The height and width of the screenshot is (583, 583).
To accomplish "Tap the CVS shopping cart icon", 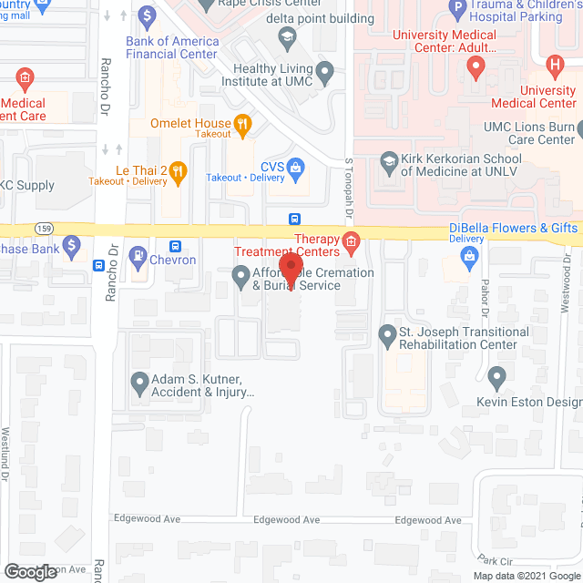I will tap(295, 167).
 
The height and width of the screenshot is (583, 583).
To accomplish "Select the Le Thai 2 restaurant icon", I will tap(179, 169).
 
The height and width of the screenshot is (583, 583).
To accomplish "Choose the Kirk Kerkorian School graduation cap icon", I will tap(389, 161).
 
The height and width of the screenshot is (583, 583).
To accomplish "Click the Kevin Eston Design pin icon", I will tap(496, 375).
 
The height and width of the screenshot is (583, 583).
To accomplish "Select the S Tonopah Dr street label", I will tap(348, 195).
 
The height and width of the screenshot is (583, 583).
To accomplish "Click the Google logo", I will tap(29, 572).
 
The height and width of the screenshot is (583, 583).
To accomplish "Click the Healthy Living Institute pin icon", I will tap(323, 71).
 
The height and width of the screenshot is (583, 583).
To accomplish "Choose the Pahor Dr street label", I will tap(486, 300).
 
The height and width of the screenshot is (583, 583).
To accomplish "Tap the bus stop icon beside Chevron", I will tap(177, 246).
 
